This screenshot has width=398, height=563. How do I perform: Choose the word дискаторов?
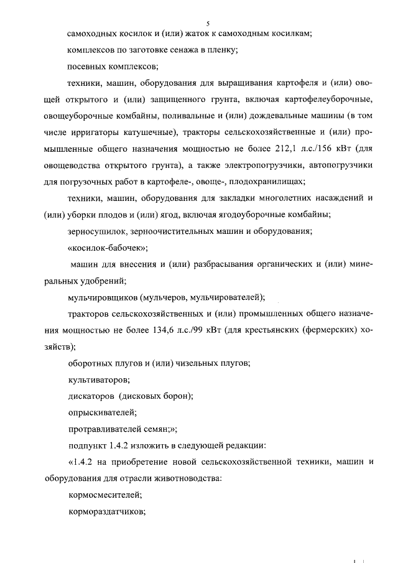(89, 395)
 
